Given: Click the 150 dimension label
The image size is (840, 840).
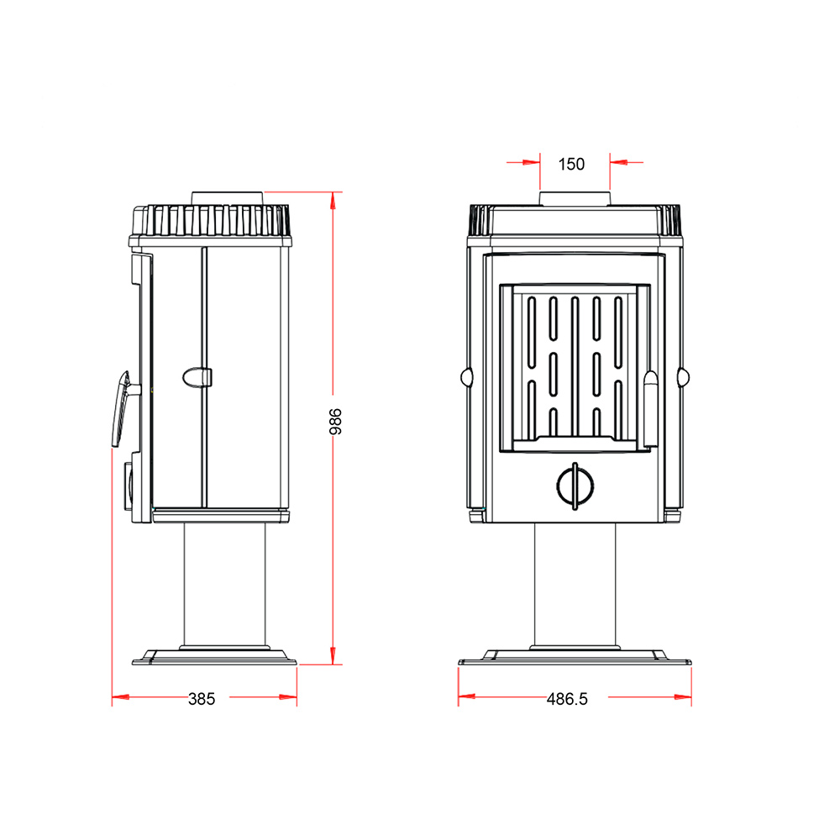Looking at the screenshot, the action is coord(571,164).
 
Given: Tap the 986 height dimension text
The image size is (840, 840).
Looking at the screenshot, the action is coord(335,422).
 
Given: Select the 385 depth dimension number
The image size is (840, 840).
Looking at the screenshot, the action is coord(202,699).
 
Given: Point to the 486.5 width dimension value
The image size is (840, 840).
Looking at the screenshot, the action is coord(567,699).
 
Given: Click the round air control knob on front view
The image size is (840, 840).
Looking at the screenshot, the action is coord(575,486).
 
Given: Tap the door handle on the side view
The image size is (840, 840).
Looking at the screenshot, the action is coord(122,409).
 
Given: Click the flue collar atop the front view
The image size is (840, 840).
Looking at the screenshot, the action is coord(575,199).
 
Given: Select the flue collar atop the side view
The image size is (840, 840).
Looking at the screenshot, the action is coord(228,198).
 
